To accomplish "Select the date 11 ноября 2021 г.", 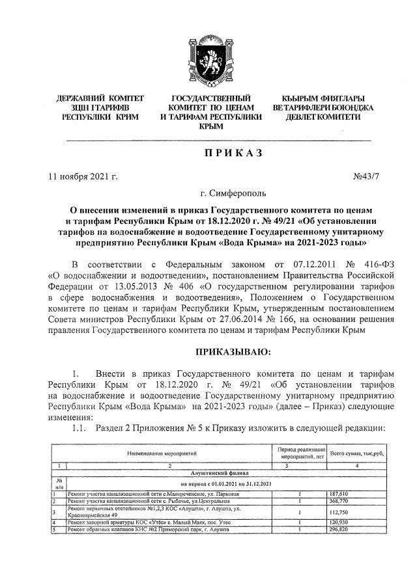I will tap(83, 176).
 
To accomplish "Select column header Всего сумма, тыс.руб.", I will tap(354, 452).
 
